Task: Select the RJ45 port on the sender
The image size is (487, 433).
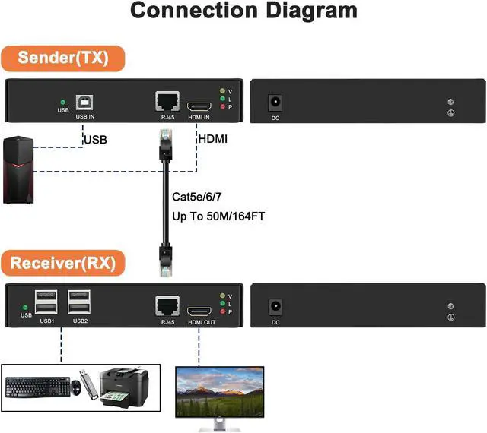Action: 166,101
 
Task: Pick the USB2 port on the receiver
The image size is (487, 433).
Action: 80,302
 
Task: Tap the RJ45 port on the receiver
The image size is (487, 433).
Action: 166,307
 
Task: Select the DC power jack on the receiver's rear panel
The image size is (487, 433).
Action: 275,308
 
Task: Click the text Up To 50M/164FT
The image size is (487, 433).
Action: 218,216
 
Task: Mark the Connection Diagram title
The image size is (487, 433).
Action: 243,12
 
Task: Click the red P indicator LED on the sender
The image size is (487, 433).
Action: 221,108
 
